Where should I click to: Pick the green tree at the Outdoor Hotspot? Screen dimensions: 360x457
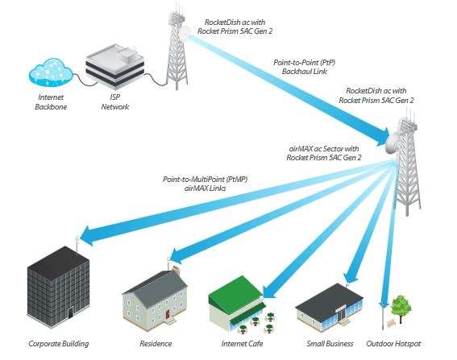pyautogui.click(x=401, y=307)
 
